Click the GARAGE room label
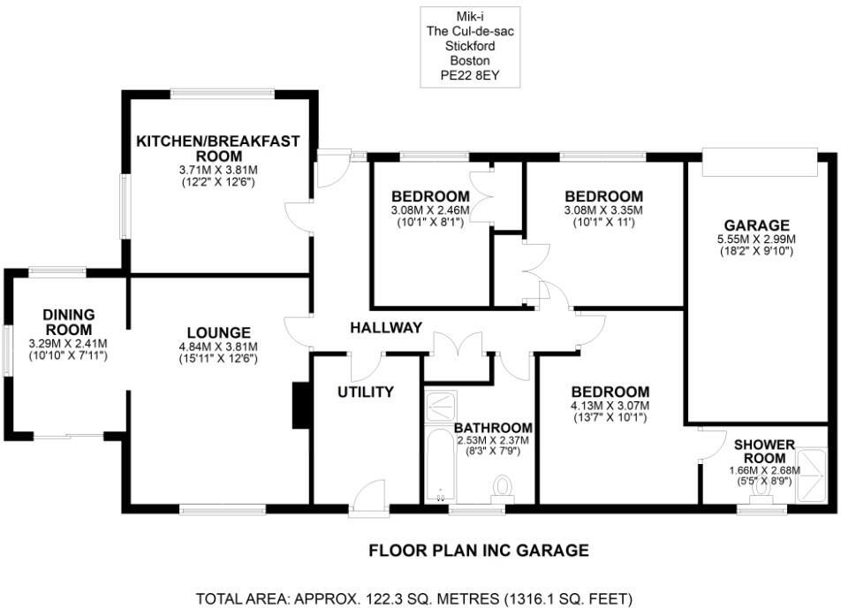pos(754,225)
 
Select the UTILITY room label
pos(365,392)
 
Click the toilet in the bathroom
pos(504,487)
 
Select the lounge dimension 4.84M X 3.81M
pos(218,347)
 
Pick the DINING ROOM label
pos(68,322)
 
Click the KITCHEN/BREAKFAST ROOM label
pos(217,148)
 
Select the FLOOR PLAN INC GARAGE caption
pos(478,552)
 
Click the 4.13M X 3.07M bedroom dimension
pos(610,407)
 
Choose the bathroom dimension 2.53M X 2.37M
pos(492,440)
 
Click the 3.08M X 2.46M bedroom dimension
pos(430,210)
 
